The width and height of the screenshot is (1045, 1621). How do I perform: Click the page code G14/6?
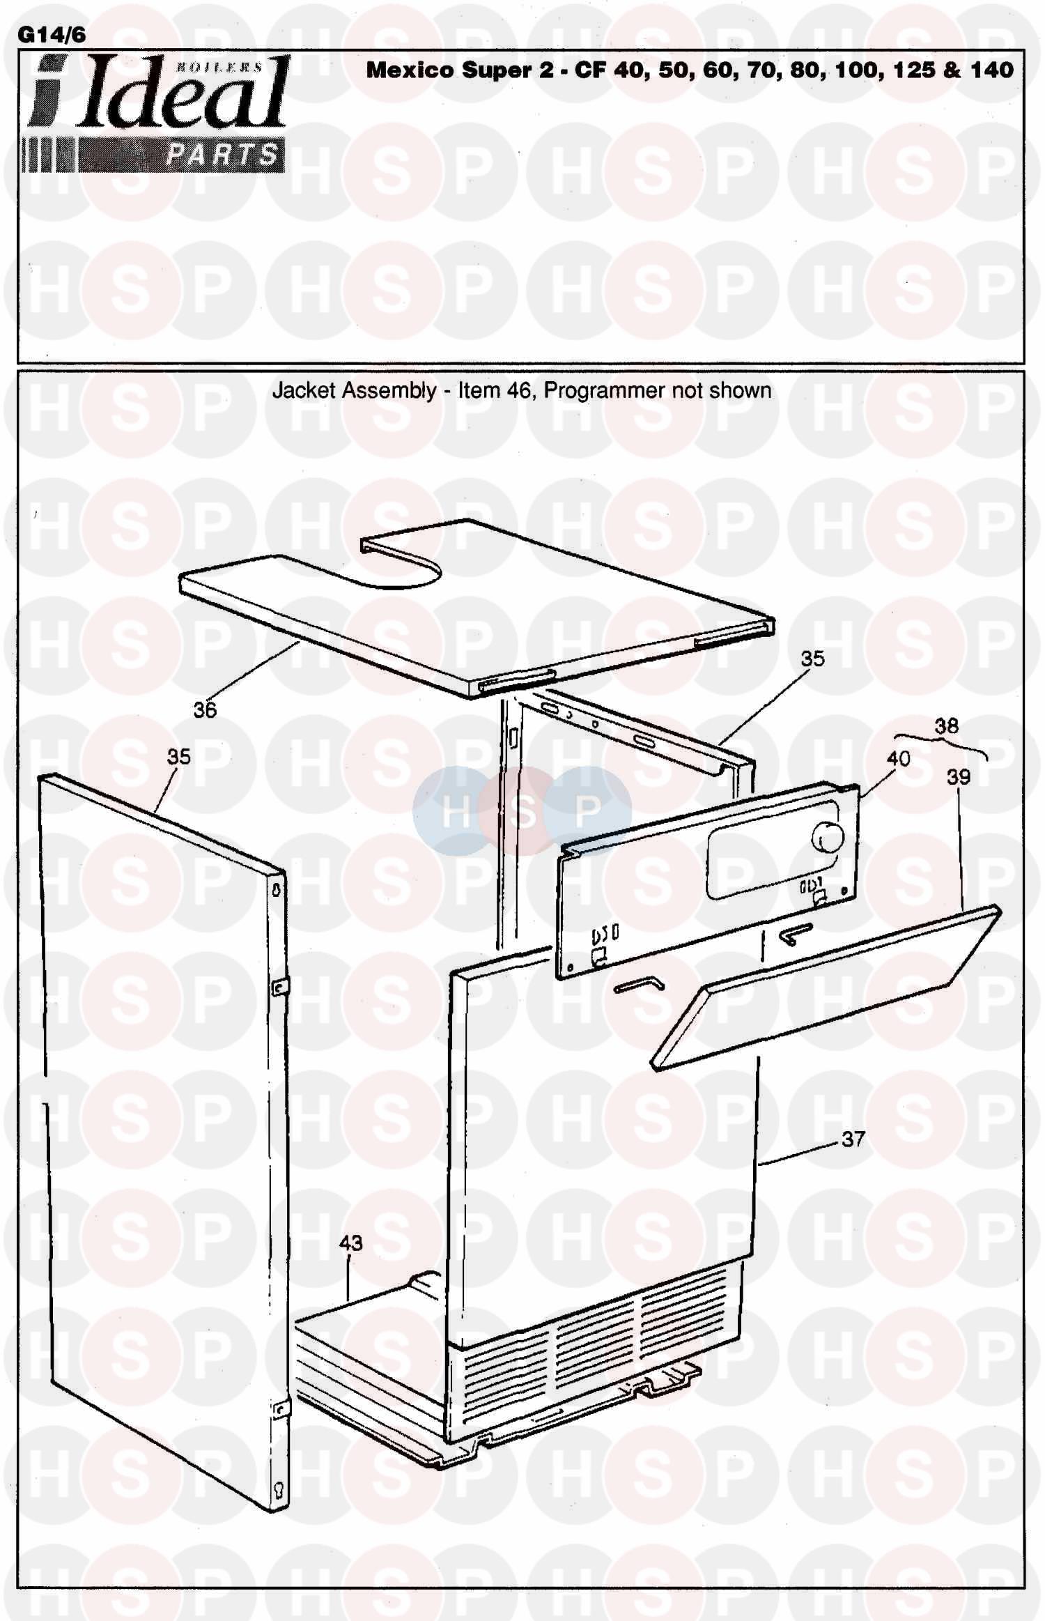52,35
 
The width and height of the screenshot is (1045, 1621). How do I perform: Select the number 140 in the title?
990,70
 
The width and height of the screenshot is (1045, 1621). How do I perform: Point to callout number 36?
205,710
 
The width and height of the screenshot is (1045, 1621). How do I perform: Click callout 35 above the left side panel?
179,757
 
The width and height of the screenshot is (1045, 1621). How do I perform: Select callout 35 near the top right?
812,659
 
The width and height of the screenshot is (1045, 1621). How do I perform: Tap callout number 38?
947,726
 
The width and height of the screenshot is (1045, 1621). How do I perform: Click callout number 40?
898,758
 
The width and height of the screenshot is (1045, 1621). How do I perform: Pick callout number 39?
959,777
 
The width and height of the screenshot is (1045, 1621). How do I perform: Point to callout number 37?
853,1139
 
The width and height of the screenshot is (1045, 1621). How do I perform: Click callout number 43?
351,1243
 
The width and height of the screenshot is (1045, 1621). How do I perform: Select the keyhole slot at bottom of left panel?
279,1484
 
